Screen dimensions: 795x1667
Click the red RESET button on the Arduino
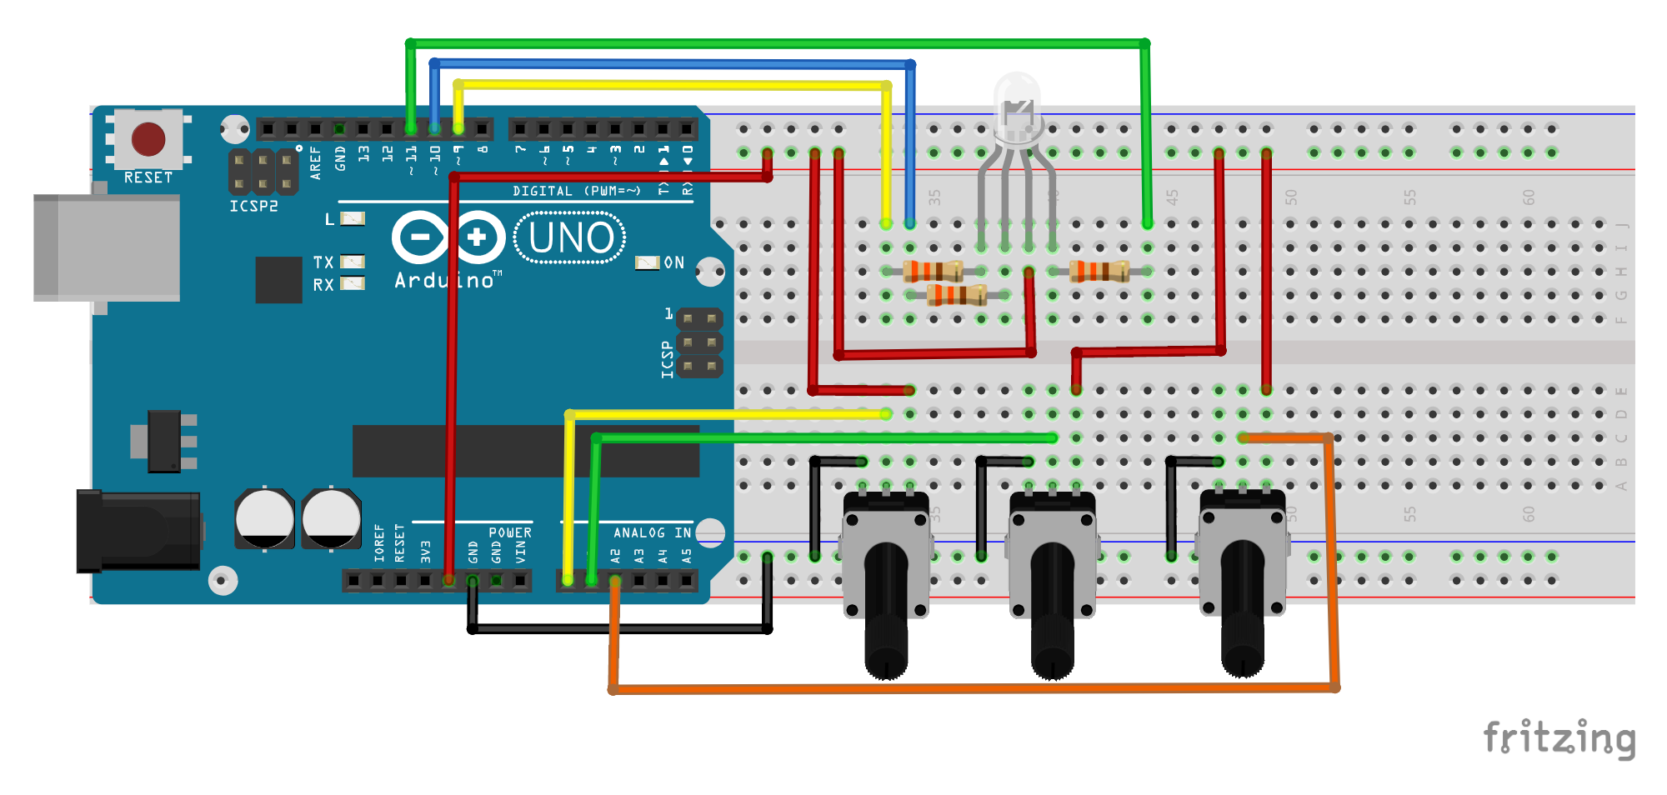148,138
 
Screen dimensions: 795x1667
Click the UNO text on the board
571,238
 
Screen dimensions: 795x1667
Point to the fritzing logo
1559,738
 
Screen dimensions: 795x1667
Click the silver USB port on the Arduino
107,247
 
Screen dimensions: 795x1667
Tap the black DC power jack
138,532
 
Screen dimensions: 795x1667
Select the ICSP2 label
253,206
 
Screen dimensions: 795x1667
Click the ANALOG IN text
652,532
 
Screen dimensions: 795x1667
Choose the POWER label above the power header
509,532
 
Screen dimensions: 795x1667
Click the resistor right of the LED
1099,271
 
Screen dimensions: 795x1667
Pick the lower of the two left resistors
957,294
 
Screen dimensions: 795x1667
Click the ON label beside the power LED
673,262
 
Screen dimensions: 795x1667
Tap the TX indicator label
323,262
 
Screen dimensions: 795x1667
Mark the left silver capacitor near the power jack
264,518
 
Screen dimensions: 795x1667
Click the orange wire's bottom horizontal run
975,689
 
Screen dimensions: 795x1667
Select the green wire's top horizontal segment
775,43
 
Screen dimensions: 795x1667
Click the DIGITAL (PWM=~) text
576,191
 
